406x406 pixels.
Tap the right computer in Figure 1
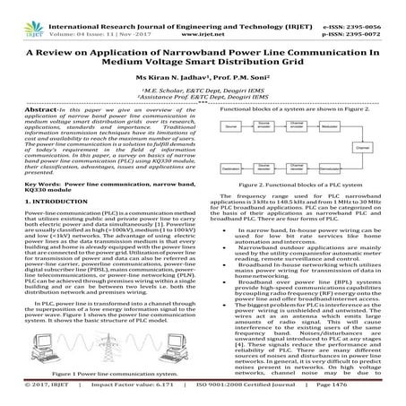click(x=177, y=357)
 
